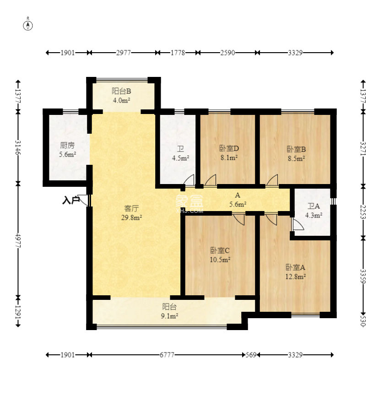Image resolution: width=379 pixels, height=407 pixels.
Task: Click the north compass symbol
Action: pyautogui.click(x=28, y=25)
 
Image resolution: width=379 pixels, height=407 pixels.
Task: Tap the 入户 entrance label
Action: pyautogui.click(x=70, y=200)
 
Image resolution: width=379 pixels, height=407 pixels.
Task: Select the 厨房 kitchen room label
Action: pyautogui.click(x=67, y=146)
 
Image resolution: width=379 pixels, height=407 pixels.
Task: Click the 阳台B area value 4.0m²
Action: pyautogui.click(x=121, y=100)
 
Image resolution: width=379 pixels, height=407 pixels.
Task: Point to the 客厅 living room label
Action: pyautogui.click(x=132, y=208)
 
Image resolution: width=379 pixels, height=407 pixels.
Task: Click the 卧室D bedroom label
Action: pyautogui.click(x=229, y=148)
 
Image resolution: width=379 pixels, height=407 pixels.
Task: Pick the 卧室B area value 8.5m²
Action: pyautogui.click(x=296, y=158)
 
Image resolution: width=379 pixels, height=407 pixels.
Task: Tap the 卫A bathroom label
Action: pyautogui.click(x=314, y=206)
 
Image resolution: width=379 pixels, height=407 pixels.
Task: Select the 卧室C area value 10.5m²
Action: pyautogui.click(x=220, y=260)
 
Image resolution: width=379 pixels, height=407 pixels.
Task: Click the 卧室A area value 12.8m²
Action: pyautogui.click(x=295, y=277)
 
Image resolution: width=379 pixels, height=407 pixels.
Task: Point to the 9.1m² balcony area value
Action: pyautogui.click(x=169, y=316)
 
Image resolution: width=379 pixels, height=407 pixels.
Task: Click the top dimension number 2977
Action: pyautogui.click(x=123, y=53)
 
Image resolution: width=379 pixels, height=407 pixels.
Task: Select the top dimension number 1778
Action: pyautogui.click(x=178, y=53)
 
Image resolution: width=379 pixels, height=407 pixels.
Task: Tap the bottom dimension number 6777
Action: pyautogui.click(x=167, y=354)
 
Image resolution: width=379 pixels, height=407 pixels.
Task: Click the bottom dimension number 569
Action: pyautogui.click(x=251, y=354)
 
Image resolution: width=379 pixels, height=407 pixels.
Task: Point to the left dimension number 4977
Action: pyautogui.click(x=18, y=240)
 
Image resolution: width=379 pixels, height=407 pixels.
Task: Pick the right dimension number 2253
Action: pyautogui.click(x=363, y=212)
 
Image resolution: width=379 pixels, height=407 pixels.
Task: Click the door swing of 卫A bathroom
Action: pyautogui.click(x=298, y=224)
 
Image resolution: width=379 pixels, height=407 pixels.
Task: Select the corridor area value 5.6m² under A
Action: pyautogui.click(x=238, y=204)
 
